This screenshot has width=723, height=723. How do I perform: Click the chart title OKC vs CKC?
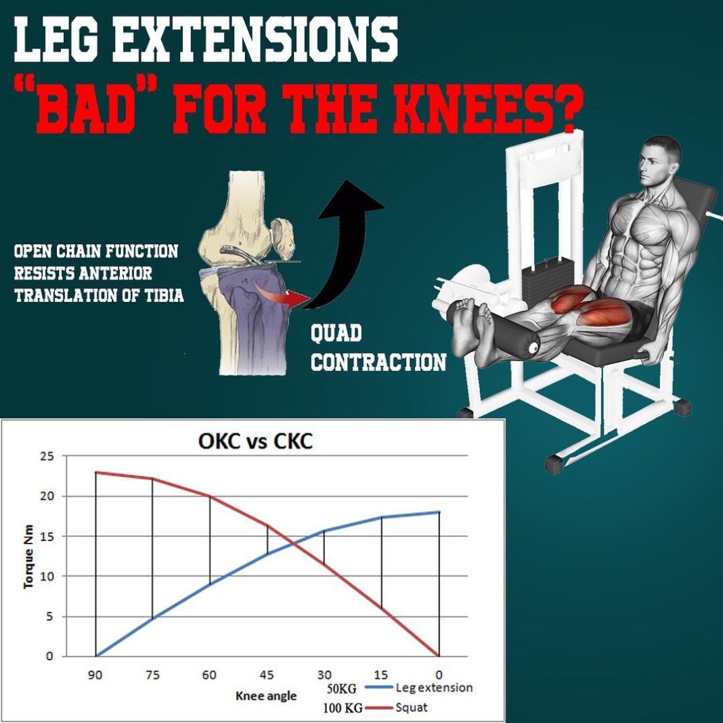coord(255,443)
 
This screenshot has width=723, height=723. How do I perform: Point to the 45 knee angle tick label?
coord(267,675)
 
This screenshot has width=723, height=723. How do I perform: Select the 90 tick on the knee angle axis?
coord(96,675)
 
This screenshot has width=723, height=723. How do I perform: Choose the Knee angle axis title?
coord(266,695)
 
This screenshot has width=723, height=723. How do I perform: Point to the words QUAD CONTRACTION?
coord(377,348)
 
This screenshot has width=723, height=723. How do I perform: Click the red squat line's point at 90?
coord(96,473)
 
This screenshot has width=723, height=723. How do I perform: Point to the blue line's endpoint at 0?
coord(439,512)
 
